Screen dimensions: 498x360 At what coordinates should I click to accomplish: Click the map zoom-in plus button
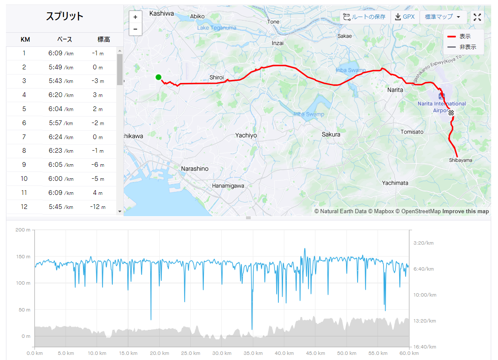(x=135, y=17)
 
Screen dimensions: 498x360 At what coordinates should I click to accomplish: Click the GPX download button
(x=405, y=17)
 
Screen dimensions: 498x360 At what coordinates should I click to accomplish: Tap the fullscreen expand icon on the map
(x=477, y=17)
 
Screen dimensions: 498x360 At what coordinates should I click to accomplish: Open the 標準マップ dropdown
(x=443, y=17)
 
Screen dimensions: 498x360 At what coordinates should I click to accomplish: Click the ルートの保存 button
(x=365, y=17)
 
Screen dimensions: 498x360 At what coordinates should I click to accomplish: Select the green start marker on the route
(x=158, y=77)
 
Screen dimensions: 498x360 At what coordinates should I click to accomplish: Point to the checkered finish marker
(x=451, y=112)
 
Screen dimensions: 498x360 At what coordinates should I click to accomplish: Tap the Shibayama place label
(x=461, y=160)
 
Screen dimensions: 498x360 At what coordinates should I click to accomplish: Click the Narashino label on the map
(x=195, y=169)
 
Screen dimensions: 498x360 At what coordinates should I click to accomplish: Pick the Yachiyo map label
(x=246, y=136)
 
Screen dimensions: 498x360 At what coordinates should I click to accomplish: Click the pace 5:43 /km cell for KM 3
(x=61, y=81)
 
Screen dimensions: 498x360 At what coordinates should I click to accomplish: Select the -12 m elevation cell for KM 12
(x=98, y=207)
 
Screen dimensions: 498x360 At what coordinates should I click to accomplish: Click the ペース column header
(x=64, y=40)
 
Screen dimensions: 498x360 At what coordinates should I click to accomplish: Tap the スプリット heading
(x=64, y=16)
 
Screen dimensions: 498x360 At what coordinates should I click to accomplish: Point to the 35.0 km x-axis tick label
(x=253, y=353)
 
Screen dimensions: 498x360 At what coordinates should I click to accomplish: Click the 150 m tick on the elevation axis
(x=23, y=257)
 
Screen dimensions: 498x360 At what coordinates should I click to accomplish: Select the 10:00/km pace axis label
(x=425, y=295)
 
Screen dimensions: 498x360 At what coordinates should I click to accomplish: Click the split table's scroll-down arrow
(x=120, y=211)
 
